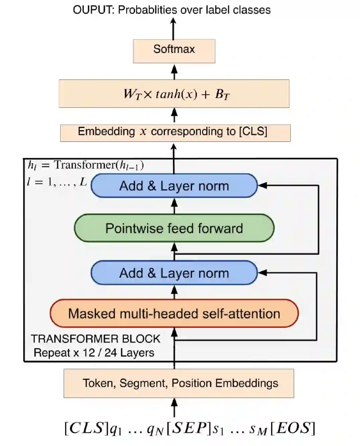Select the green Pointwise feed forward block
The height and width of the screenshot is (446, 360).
pyautogui.click(x=174, y=228)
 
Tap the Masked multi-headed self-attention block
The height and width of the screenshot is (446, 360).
pyautogui.click(x=174, y=313)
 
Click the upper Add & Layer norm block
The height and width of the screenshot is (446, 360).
pyautogui.click(x=174, y=186)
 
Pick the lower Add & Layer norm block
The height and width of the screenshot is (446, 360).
pyautogui.click(x=174, y=273)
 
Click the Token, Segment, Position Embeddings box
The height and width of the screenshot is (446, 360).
pyautogui.click(x=179, y=383)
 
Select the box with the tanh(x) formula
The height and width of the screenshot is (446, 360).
pyautogui.click(x=174, y=94)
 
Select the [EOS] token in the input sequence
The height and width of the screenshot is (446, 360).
pyautogui.click(x=292, y=428)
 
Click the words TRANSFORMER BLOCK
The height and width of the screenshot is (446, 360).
pyautogui.click(x=96, y=339)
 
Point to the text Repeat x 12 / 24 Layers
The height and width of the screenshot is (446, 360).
pyautogui.click(x=94, y=352)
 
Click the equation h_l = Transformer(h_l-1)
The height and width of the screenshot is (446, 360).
pyautogui.click(x=86, y=165)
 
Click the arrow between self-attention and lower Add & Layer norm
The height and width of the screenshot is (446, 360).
pyautogui.click(x=174, y=292)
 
